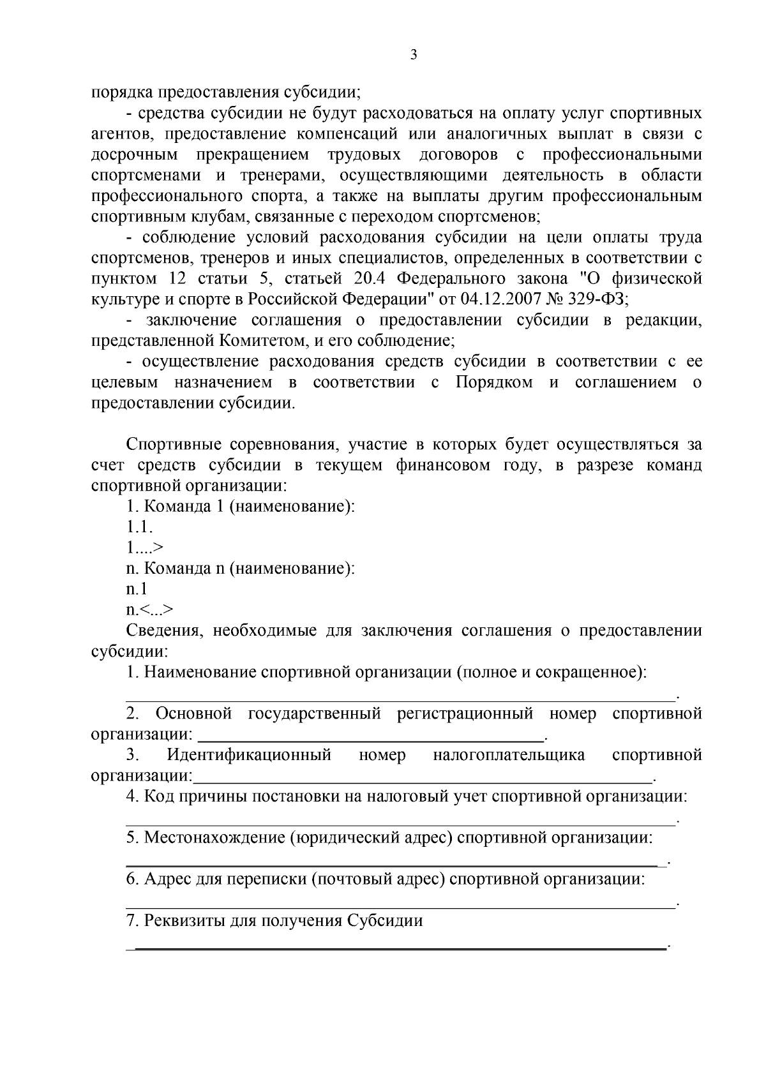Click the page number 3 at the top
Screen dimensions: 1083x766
click(413, 55)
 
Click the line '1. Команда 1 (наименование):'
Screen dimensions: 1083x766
click(240, 507)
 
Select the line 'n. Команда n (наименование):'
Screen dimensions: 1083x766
click(240, 568)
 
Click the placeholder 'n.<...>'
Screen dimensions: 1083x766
click(149, 609)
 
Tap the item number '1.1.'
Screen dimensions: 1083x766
click(139, 527)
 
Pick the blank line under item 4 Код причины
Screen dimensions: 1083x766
click(399, 819)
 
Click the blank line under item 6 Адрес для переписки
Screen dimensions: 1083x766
click(399, 902)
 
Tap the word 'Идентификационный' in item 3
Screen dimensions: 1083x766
click(249, 756)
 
